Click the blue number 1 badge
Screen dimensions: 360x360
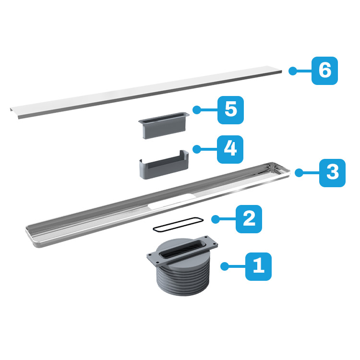(x=258, y=266)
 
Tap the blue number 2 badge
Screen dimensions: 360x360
(x=249, y=219)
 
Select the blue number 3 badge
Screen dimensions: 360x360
(x=332, y=173)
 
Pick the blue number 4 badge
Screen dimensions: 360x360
(x=230, y=149)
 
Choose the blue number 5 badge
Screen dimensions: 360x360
(x=230, y=110)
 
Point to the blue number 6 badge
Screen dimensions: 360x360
(x=324, y=71)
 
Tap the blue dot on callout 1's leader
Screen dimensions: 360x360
(x=225, y=266)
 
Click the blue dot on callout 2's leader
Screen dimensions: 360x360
(x=216, y=219)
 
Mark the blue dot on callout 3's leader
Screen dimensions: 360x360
(x=299, y=173)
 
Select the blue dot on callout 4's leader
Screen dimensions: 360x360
(x=197, y=149)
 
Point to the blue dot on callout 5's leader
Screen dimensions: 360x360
(x=197, y=110)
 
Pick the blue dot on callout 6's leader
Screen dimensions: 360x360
(x=292, y=71)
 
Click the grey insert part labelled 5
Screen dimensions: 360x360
(x=164, y=125)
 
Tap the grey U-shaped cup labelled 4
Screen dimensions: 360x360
(x=164, y=165)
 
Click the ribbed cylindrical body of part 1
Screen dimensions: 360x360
(x=183, y=278)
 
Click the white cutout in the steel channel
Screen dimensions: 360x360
(x=172, y=201)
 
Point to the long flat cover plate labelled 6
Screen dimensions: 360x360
(x=146, y=92)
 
